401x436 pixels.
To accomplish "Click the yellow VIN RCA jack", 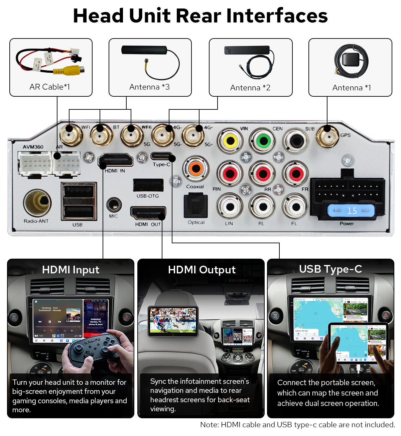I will click(x=230, y=141).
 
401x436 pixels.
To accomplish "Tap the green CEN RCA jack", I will click(x=263, y=141).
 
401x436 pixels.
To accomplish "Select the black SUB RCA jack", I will click(x=296, y=141).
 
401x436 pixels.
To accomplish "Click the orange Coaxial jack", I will click(x=196, y=168).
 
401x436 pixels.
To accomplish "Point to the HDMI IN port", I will click(x=116, y=160).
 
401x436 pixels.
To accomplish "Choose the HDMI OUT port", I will click(x=148, y=213).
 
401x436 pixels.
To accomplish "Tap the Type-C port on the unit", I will click(x=162, y=156).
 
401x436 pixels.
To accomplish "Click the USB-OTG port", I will click(x=148, y=185).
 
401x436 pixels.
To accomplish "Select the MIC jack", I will click(x=114, y=204).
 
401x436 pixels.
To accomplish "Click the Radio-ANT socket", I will click(x=37, y=203).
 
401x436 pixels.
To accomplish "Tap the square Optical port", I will click(x=196, y=205).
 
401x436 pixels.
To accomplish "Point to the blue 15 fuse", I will click(x=351, y=211).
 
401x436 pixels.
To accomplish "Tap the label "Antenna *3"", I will click(x=149, y=87).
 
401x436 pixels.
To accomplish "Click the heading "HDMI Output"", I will click(x=202, y=270).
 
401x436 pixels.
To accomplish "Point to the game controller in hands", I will click(x=94, y=350).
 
